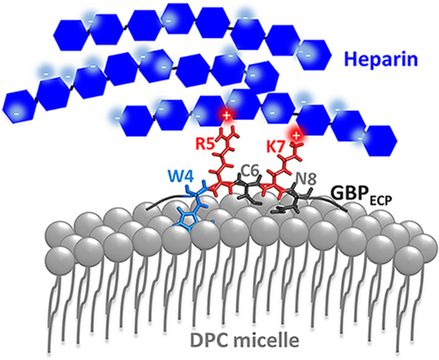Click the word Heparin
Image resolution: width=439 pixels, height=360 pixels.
tap(382, 60)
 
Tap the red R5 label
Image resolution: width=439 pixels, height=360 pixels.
tap(206, 144)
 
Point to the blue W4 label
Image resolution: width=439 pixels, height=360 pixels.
tap(181, 177)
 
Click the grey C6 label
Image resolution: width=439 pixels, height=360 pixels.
tap(251, 172)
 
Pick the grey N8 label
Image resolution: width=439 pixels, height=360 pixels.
tap(307, 178)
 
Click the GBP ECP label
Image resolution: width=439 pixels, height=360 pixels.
tap(361, 194)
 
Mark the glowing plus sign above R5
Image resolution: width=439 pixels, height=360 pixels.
tap(226, 116)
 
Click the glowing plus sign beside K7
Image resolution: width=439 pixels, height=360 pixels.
tap(295, 135)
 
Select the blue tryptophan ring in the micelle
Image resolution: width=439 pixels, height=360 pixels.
tap(188, 219)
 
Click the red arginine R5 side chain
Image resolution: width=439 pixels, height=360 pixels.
tap(225, 161)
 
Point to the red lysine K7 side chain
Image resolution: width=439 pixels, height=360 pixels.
tap(285, 167)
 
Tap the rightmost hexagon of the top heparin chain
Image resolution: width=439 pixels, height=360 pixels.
tap(314, 55)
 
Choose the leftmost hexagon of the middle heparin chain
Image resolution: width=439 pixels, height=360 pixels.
tap(19, 106)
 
